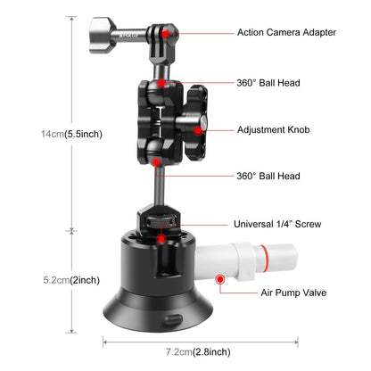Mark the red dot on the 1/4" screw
coord(160,238)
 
